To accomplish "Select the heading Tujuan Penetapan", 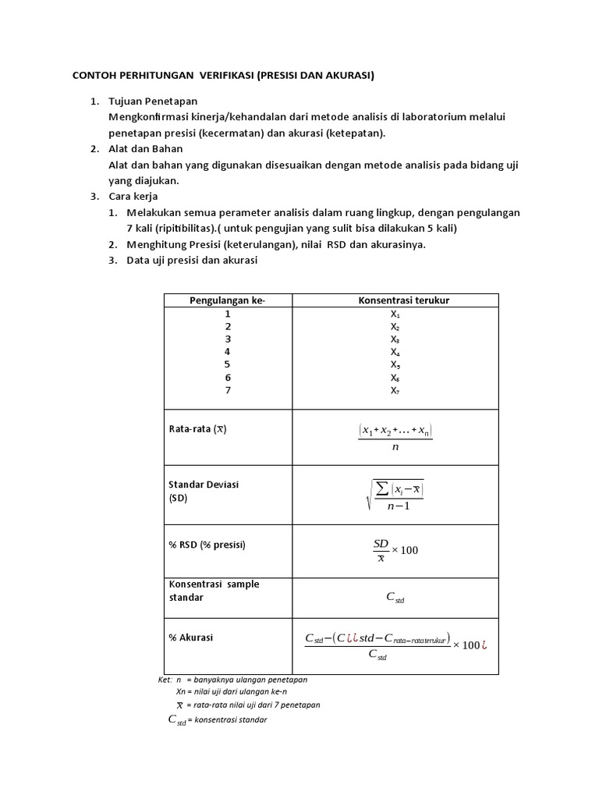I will [x=154, y=101].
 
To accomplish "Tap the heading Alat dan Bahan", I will [x=147, y=149].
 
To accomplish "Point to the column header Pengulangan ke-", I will [x=228, y=300].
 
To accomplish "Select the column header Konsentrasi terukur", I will [x=403, y=300].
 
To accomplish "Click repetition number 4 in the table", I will [x=228, y=351].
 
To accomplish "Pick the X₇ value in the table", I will [x=395, y=390].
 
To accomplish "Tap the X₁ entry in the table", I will [x=395, y=314].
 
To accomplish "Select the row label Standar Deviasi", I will [x=204, y=485].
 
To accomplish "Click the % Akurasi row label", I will [x=191, y=637].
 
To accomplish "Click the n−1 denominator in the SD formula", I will [x=398, y=506].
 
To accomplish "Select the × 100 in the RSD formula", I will [x=405, y=550].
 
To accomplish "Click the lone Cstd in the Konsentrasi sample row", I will [x=395, y=598].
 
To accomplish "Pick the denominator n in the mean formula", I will [x=395, y=447].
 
